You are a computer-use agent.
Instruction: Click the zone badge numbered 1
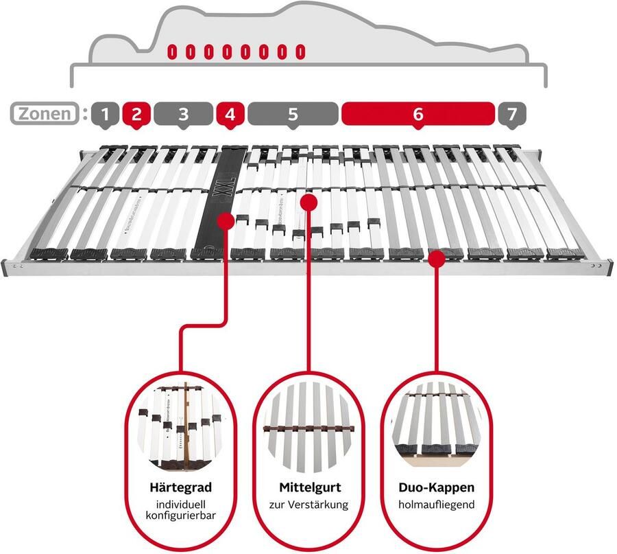tap(104, 113)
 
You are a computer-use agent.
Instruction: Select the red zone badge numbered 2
tap(136, 113)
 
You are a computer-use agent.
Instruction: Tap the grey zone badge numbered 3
tap(182, 113)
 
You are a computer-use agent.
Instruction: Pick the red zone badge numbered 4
tap(230, 113)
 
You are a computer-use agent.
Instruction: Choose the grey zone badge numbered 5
tap(293, 113)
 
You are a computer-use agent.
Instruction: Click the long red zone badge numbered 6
tap(418, 113)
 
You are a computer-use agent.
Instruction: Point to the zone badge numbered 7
tap(508, 113)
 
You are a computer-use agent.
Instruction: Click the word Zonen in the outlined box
tap(43, 113)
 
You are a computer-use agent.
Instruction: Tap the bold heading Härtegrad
tap(180, 488)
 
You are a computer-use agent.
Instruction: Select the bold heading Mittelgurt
tap(308, 488)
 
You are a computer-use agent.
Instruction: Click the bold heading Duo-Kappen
tap(437, 488)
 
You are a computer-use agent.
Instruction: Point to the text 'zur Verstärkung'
tap(308, 505)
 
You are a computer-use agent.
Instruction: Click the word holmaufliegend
tap(437, 505)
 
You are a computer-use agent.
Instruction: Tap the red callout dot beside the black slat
tap(225, 220)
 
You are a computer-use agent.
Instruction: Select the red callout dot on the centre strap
tap(308, 203)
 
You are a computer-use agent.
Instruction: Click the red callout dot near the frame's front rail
tap(437, 257)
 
